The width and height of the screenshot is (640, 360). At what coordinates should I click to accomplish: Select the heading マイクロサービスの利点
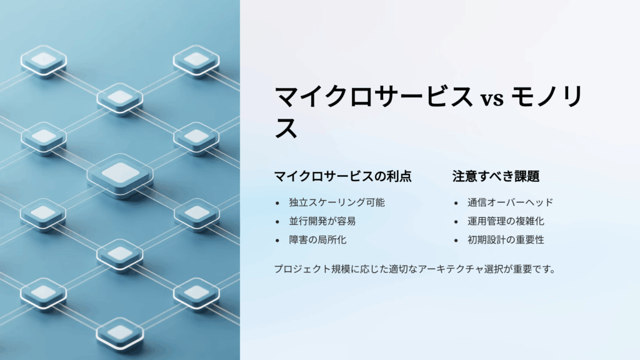coord(343,176)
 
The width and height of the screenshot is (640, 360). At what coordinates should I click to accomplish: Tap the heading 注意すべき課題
coord(496,176)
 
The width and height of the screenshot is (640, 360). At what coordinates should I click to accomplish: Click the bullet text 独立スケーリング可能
coord(337,202)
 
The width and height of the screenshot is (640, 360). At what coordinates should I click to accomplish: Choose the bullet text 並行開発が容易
coord(322,221)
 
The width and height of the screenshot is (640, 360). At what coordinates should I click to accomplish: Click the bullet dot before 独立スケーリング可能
coord(277,203)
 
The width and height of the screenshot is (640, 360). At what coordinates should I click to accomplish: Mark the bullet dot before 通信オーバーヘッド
coord(456,203)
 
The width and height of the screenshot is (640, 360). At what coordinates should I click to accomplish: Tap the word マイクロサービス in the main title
coord(374,98)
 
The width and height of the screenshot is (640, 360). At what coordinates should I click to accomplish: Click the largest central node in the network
coord(120,172)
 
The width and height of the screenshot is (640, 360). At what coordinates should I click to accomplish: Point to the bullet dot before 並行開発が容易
coord(277,222)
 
